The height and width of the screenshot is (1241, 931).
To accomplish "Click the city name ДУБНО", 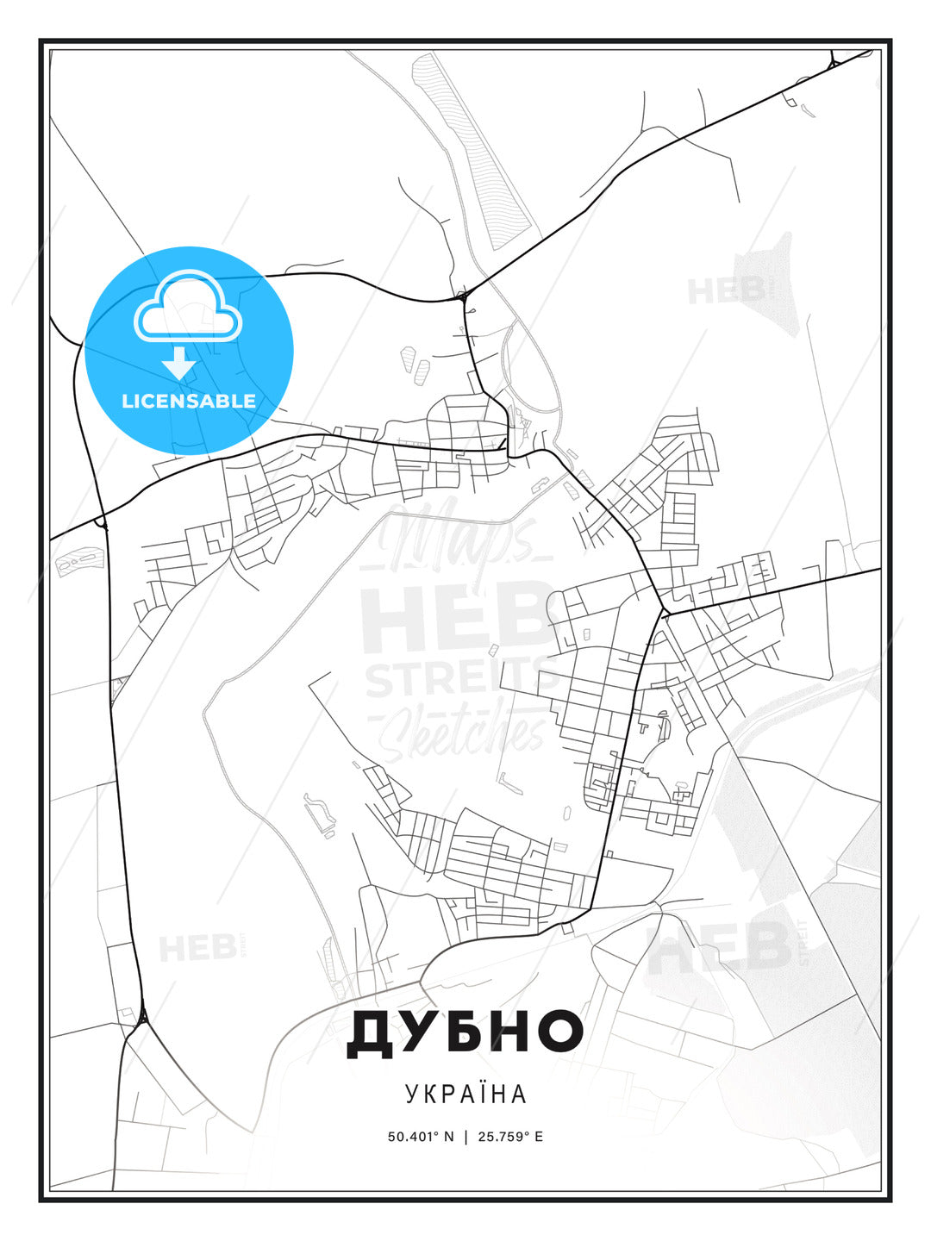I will tap(465, 1033).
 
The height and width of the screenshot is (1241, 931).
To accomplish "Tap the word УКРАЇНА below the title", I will tap(465, 1094).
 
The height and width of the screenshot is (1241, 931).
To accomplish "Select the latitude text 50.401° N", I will tap(421, 1136).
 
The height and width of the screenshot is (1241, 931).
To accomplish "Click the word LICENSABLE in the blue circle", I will tap(189, 402).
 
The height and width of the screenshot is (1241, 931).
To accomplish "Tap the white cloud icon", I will tap(188, 307).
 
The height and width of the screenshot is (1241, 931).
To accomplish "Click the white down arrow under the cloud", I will tap(178, 363).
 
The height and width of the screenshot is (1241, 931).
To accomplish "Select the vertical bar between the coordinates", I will tap(465, 1136).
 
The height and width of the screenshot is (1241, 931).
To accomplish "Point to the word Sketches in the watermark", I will tap(465, 733).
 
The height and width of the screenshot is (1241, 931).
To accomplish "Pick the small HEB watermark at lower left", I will tap(197, 948).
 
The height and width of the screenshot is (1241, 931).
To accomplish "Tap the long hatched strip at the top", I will tap(472, 151).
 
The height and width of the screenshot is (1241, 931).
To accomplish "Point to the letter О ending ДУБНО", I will tap(557, 1033).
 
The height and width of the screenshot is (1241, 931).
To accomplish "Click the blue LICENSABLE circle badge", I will tap(189, 350).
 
